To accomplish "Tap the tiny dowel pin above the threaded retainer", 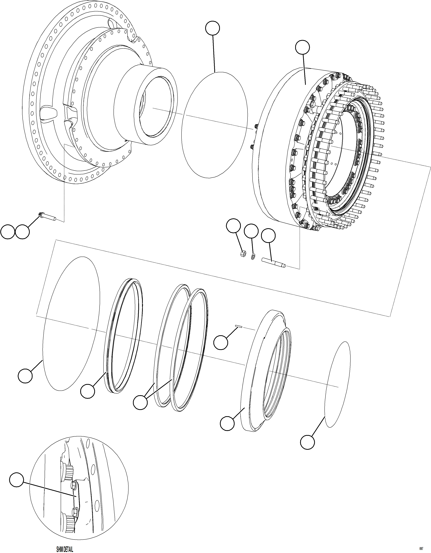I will point(238,326).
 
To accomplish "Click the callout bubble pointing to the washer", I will point(251,231).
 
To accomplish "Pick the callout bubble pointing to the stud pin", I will point(268,236).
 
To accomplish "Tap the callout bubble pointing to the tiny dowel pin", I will point(221,343).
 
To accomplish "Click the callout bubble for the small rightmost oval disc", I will point(307,442).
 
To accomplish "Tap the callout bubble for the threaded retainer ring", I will point(227,423).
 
